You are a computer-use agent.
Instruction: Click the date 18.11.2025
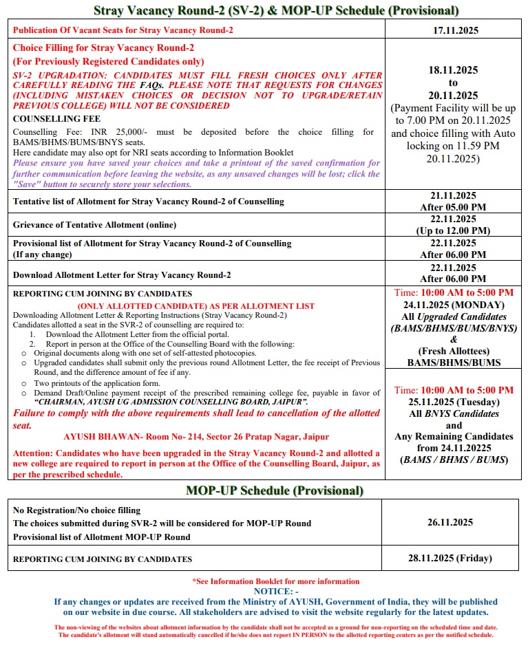pyautogui.click(x=453, y=70)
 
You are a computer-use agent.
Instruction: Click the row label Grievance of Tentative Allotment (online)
pyautogui.click(x=94, y=225)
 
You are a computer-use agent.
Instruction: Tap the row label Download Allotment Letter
pyautogui.click(x=122, y=274)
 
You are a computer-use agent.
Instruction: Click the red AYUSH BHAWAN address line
pyautogui.click(x=196, y=437)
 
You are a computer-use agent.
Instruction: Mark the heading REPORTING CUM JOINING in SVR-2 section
pyautogui.click(x=103, y=293)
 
